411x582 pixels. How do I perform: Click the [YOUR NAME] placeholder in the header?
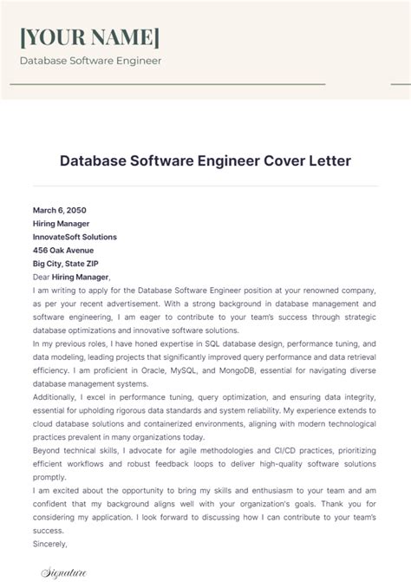click(x=90, y=37)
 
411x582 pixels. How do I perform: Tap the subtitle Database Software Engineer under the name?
click(x=90, y=62)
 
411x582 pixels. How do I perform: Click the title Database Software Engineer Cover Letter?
click(x=205, y=162)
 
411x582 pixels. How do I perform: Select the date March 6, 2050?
click(x=60, y=210)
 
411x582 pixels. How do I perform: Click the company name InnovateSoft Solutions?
click(x=75, y=237)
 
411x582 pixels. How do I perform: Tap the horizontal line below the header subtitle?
click(x=169, y=84)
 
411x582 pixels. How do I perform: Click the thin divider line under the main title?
click(x=205, y=186)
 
